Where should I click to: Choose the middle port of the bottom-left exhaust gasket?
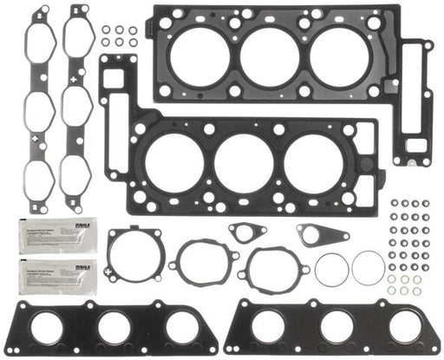click(114, 326)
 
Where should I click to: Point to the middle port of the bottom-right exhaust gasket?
click(336, 326)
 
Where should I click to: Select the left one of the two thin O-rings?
click(331, 269)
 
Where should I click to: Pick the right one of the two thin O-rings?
click(368, 267)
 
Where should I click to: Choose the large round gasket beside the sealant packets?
click(136, 253)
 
